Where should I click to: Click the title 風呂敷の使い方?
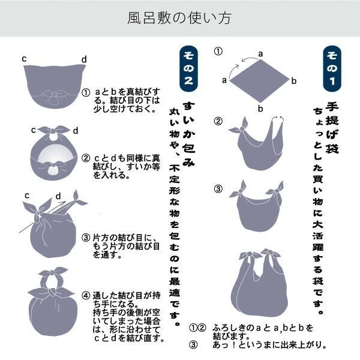179,18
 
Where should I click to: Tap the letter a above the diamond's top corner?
260,53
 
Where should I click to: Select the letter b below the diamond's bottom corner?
260,108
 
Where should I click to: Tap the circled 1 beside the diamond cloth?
218,52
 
